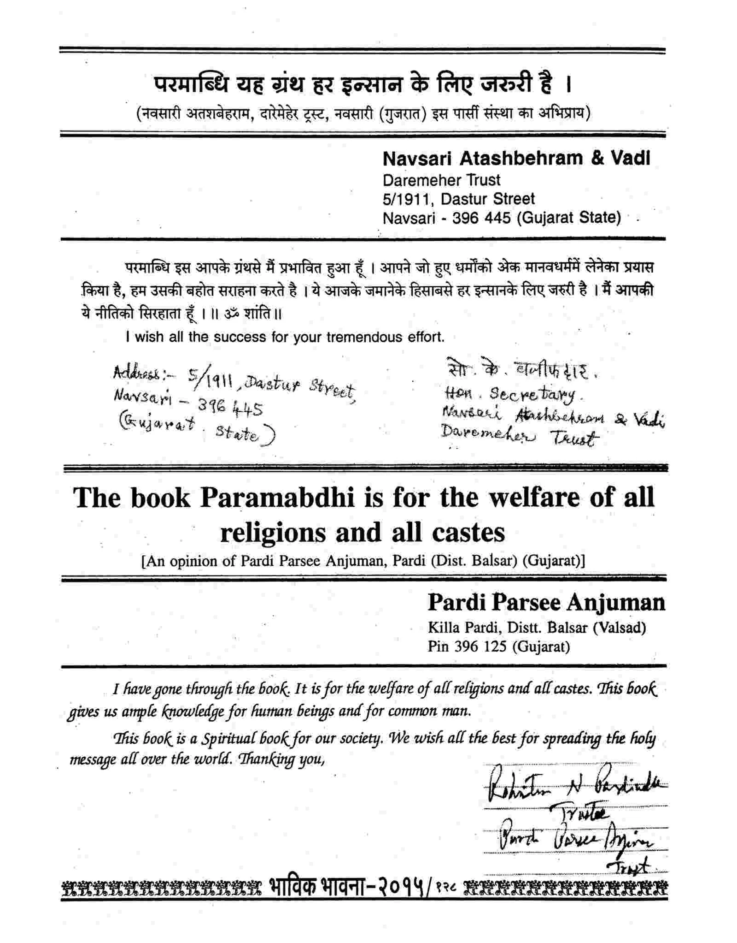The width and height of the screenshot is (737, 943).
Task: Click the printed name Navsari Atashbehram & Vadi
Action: click(x=516, y=159)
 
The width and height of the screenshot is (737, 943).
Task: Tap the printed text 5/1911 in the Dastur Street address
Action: click(x=406, y=199)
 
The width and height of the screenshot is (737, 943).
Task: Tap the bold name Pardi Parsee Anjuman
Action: click(x=546, y=602)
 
